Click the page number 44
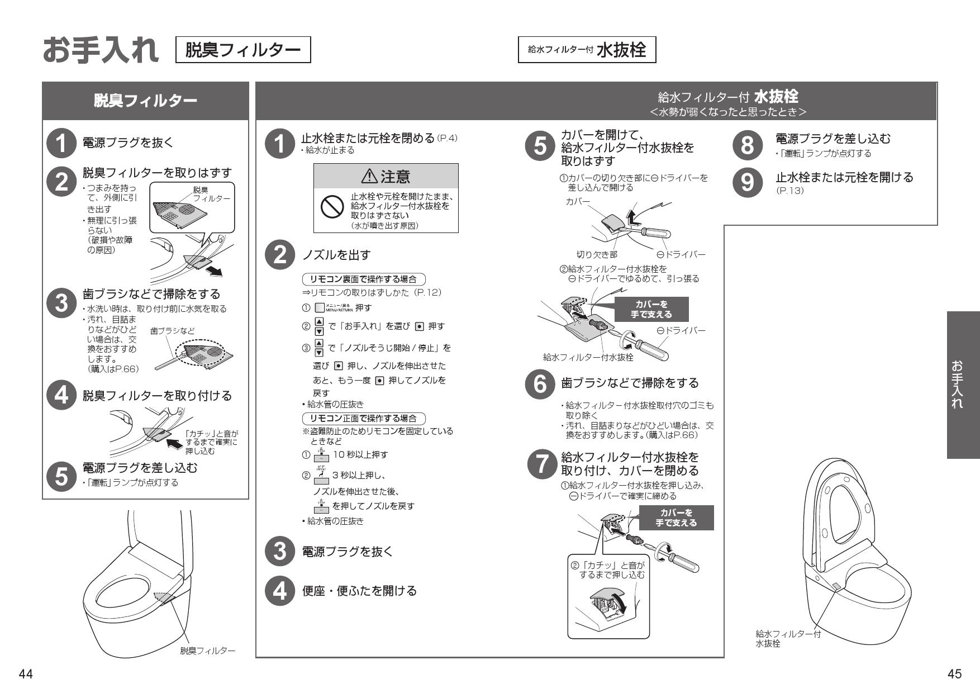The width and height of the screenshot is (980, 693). click(26, 674)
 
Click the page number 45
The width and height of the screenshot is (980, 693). click(954, 674)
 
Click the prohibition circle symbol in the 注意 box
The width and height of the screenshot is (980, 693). click(331, 208)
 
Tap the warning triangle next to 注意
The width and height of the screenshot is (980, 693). click(369, 177)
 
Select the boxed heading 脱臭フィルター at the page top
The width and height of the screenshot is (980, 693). click(243, 50)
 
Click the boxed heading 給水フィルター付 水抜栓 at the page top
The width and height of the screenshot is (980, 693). click(587, 50)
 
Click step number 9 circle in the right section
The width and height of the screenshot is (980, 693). click(747, 182)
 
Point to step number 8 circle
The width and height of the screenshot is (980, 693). click(747, 144)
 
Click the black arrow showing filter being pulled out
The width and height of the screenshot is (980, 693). click(213, 271)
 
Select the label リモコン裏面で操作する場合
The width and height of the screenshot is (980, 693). click(363, 279)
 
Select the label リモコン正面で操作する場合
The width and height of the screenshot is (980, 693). click(363, 419)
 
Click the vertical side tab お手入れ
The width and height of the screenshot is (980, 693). click(963, 385)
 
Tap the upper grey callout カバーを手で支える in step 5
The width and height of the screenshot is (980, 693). click(651, 309)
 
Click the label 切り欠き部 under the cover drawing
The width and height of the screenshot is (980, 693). click(596, 255)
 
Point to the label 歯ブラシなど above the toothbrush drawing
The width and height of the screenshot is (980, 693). click(172, 331)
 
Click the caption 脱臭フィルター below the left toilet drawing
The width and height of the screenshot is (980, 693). click(207, 651)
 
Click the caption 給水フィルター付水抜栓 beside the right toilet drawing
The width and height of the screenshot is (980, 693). click(788, 638)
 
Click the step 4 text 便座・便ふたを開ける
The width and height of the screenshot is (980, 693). click(359, 591)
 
